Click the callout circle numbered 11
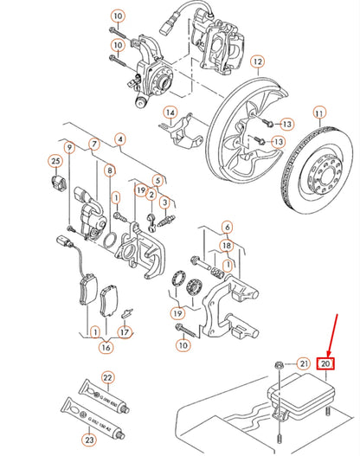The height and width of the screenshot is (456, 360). point(321,113)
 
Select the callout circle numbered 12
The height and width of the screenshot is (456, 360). point(257,61)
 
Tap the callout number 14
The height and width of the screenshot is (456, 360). point(170,112)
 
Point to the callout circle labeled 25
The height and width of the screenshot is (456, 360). point(55,161)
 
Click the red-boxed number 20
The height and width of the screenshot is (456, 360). point(326,363)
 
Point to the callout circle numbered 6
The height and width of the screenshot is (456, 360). point(228,227)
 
